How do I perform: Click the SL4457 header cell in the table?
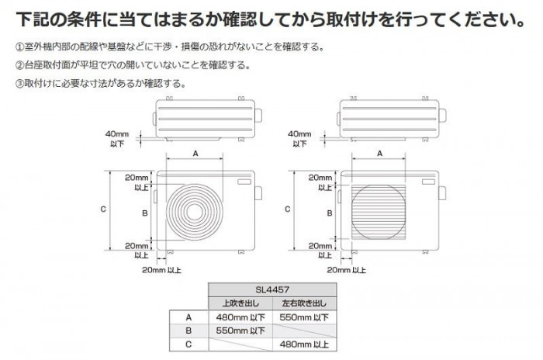coord(272,289)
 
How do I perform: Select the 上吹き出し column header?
coord(240,303)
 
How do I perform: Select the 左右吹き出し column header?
coord(304,303)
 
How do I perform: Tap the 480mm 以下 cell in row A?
coord(240,317)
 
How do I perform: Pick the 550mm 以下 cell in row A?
coord(304,317)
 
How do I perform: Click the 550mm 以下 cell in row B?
coord(240,331)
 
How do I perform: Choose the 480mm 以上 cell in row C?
coord(304,344)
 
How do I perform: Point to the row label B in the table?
coord(188,331)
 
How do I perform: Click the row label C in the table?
coord(188,344)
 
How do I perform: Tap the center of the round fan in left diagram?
coord(195,212)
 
